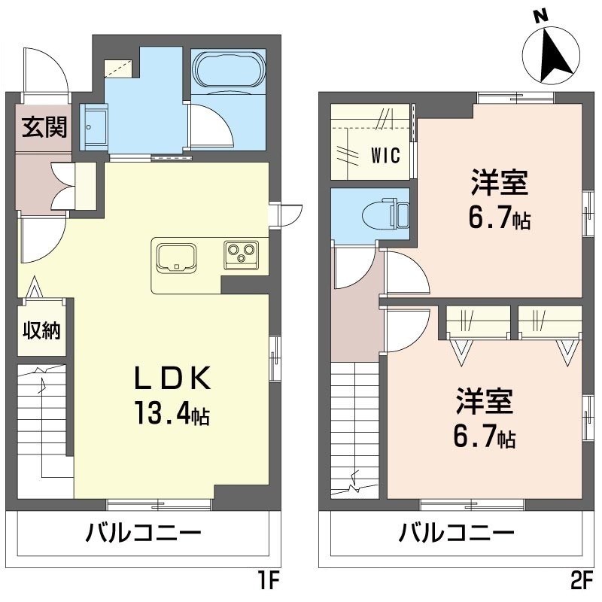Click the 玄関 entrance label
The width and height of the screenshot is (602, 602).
(44, 127)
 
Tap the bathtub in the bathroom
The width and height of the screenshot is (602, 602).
(229, 69)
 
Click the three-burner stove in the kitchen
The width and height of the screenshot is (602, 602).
(241, 255)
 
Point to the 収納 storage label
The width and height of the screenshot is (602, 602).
(42, 330)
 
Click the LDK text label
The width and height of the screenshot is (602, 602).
(172, 379)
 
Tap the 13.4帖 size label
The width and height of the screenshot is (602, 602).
(172, 413)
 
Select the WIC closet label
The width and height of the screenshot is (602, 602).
(385, 155)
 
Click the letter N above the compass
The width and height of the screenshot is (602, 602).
(540, 16)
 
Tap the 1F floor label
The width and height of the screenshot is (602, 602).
(268, 581)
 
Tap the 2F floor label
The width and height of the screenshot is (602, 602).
(581, 581)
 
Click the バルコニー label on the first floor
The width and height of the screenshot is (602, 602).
(143, 534)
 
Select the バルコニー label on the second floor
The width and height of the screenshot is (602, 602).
(457, 534)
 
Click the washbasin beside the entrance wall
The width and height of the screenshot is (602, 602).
(93, 127)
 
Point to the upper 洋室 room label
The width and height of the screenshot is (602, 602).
(500, 183)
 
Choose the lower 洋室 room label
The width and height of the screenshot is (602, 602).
(485, 402)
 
